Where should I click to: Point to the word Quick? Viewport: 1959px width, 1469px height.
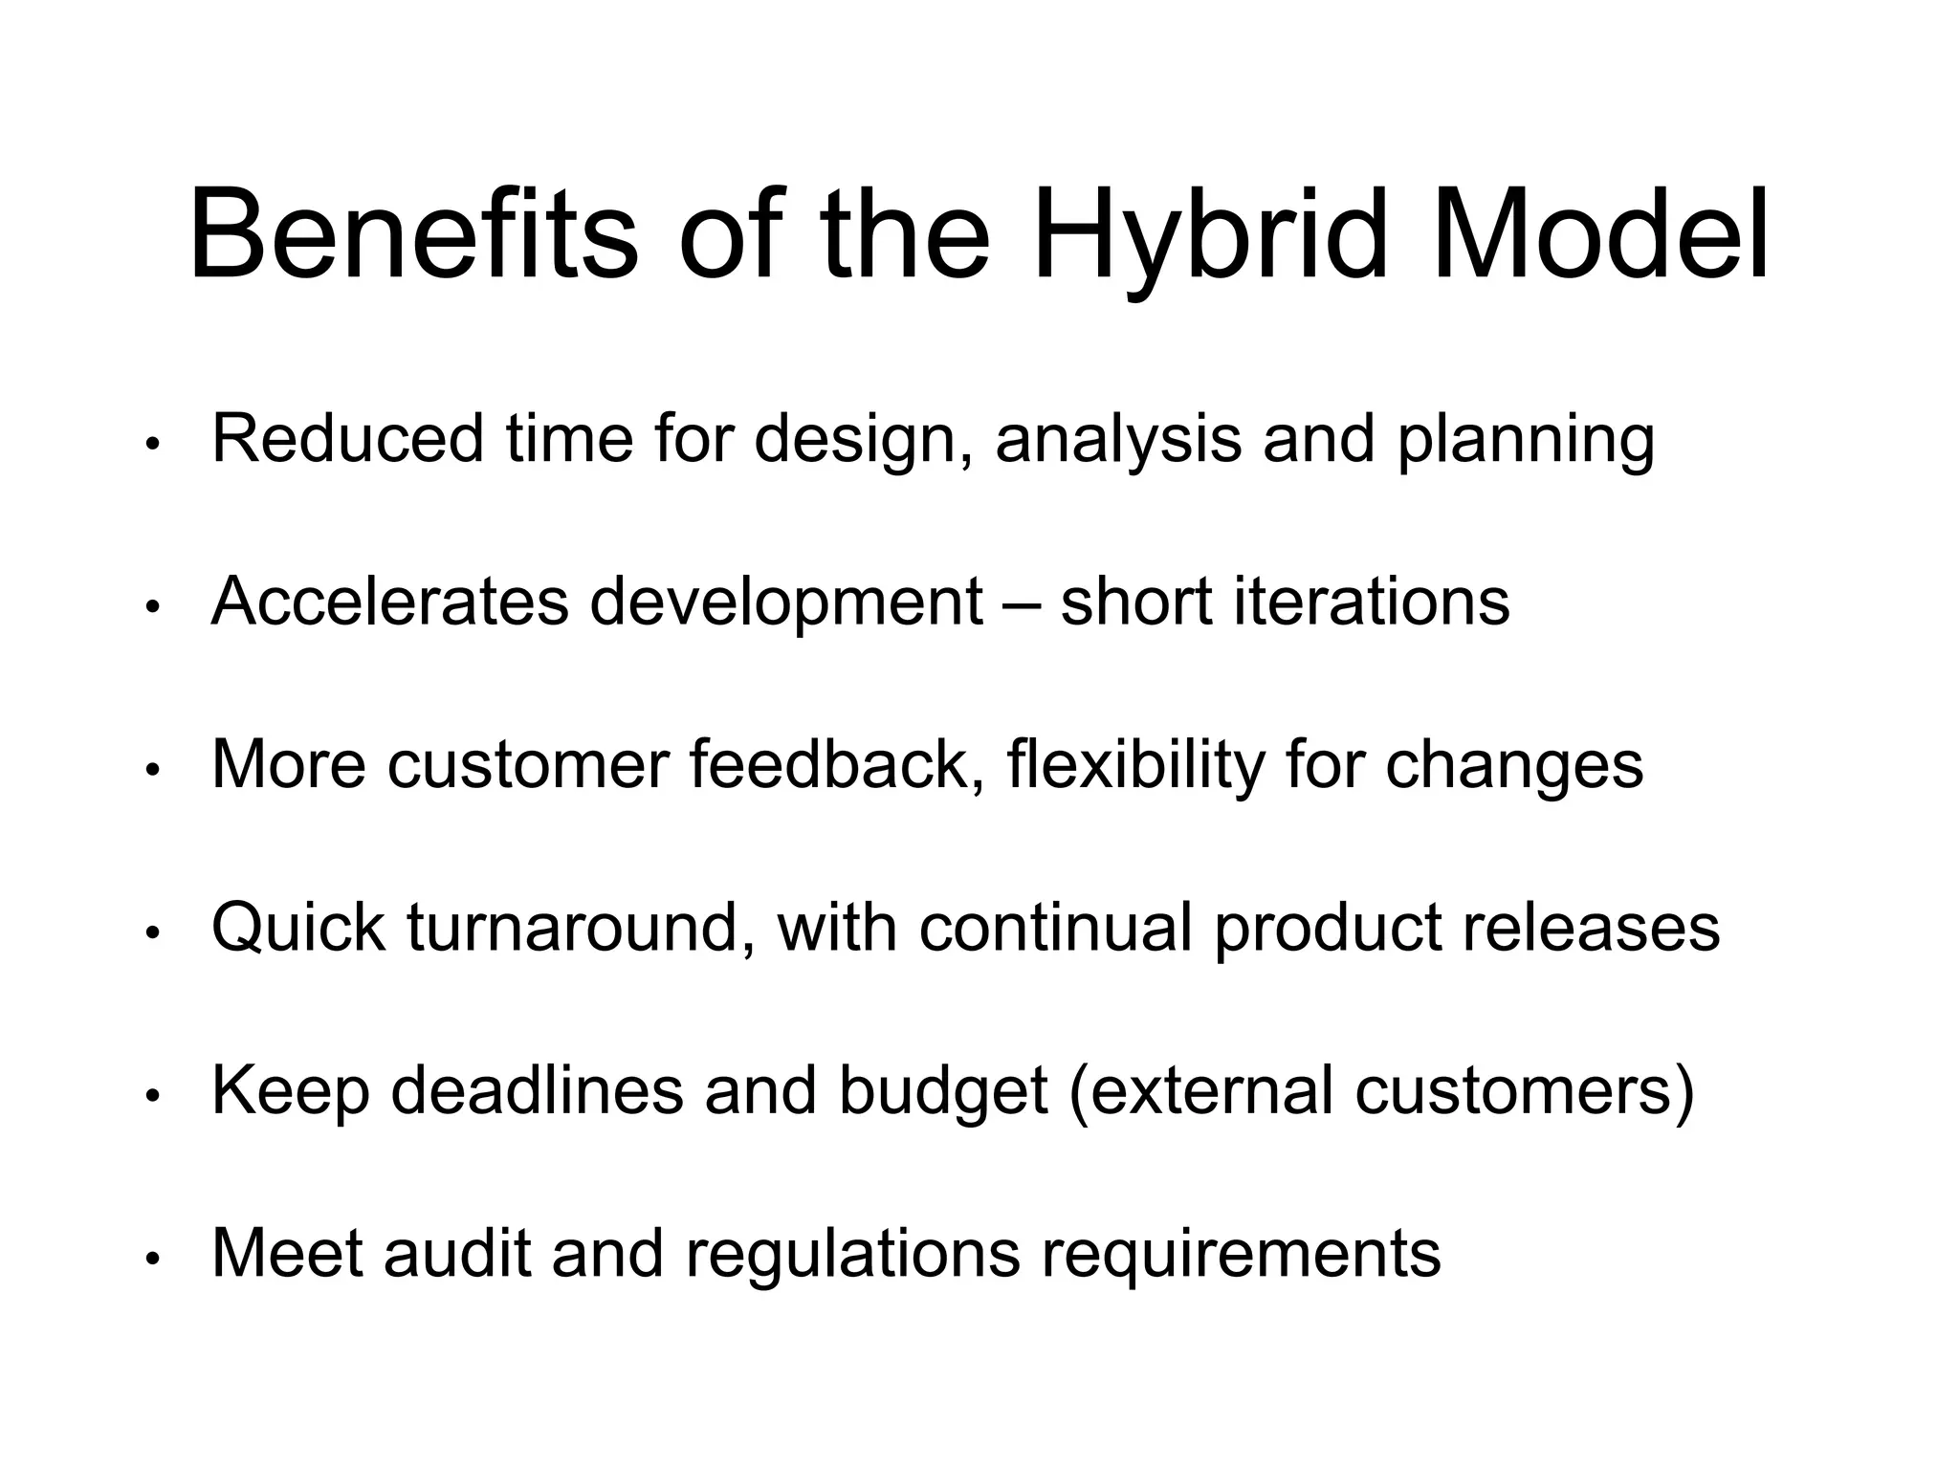pyautogui.click(x=298, y=928)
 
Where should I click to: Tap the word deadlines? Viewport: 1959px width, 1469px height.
pyautogui.click(x=538, y=1090)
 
